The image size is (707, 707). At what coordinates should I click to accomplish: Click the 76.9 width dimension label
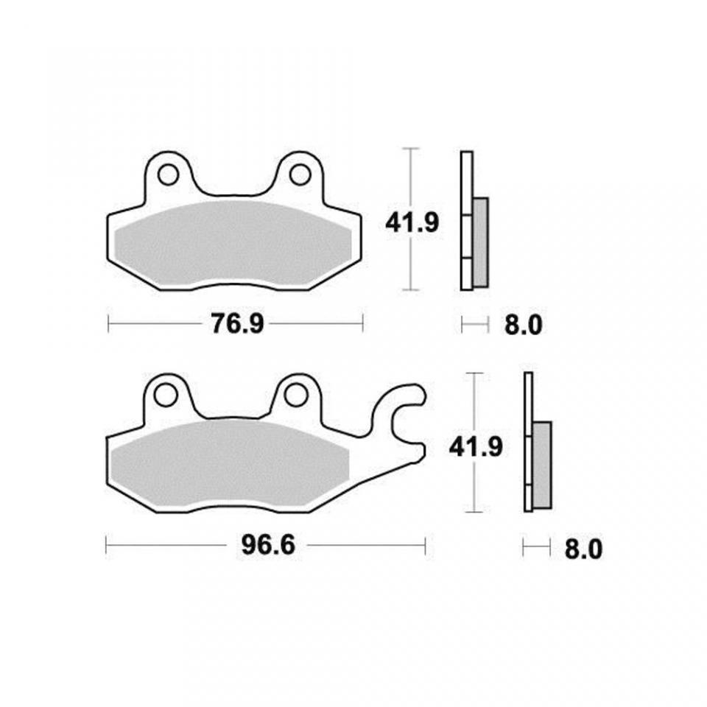coord(237,324)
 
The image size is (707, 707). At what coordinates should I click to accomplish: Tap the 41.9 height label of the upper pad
coord(412,222)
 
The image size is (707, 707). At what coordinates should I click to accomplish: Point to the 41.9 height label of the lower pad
coord(476,448)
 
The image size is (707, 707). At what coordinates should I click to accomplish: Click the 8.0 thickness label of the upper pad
coord(523,325)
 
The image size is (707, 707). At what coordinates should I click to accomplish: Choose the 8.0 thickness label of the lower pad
coord(583,549)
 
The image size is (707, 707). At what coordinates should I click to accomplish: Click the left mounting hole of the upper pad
coord(168,175)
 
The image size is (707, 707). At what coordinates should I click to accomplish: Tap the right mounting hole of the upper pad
coord(300,175)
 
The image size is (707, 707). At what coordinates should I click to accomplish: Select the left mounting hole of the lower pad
coord(165,395)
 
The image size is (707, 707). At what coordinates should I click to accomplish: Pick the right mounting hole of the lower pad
coord(295,395)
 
